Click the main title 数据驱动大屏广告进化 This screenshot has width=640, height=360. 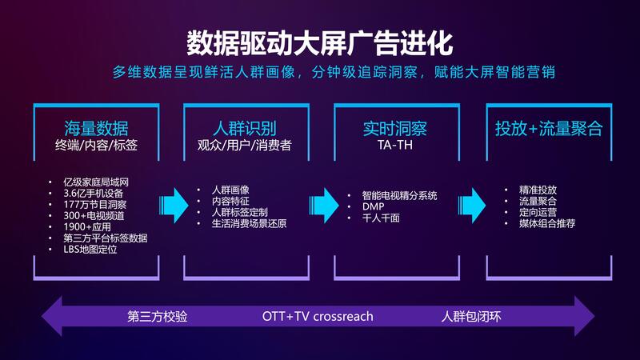coord(319,43)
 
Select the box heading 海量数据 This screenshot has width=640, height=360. coord(96,128)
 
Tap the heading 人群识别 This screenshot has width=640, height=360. coord(245,128)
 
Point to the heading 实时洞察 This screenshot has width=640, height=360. coord(394,129)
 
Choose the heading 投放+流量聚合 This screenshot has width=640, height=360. coord(549,128)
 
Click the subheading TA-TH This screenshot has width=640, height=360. coord(394,145)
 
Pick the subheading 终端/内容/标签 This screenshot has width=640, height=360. coord(96,145)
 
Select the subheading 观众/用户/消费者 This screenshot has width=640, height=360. coord(245,145)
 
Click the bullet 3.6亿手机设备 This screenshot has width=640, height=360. coord(93,193)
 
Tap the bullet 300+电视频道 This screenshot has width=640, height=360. coord(94,215)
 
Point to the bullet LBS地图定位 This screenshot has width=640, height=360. coord(90,249)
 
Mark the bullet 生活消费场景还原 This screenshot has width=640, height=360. coord(249,223)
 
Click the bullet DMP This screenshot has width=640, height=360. coord(373,206)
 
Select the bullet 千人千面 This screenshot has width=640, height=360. coord(381,218)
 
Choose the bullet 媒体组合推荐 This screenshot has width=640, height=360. coord(547,223)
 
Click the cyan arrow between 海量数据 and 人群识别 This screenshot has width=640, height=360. coord(174,206)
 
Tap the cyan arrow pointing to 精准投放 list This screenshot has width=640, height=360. coord(472,206)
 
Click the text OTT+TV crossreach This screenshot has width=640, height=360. coord(318,316)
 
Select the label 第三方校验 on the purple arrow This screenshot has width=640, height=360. coord(157,316)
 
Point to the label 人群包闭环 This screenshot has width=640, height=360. coord(471,316)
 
